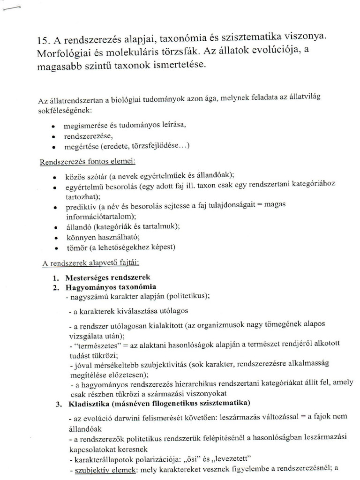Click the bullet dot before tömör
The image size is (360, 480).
point(56,249)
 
